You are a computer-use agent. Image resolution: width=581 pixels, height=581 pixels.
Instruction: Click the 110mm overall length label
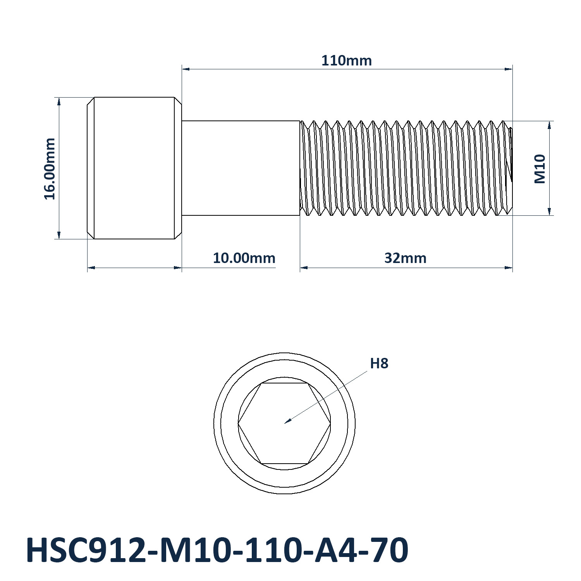click(x=346, y=61)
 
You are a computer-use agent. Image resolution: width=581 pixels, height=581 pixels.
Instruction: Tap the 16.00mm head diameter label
click(x=50, y=168)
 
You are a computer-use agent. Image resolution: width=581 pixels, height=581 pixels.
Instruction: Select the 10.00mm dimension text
click(x=244, y=258)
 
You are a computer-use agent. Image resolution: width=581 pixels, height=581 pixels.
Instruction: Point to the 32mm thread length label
click(x=405, y=258)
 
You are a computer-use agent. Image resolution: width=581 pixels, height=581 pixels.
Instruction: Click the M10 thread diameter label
click(x=540, y=169)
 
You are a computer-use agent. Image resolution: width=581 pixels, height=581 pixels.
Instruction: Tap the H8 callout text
click(x=379, y=363)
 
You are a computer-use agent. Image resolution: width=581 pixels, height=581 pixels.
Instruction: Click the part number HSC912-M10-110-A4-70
click(x=217, y=550)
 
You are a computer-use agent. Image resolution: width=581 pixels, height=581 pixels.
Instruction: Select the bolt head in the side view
click(x=134, y=168)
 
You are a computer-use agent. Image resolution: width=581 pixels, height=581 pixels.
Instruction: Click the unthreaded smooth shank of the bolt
click(x=241, y=168)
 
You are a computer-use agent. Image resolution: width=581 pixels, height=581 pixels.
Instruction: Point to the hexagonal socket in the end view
click(x=284, y=423)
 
